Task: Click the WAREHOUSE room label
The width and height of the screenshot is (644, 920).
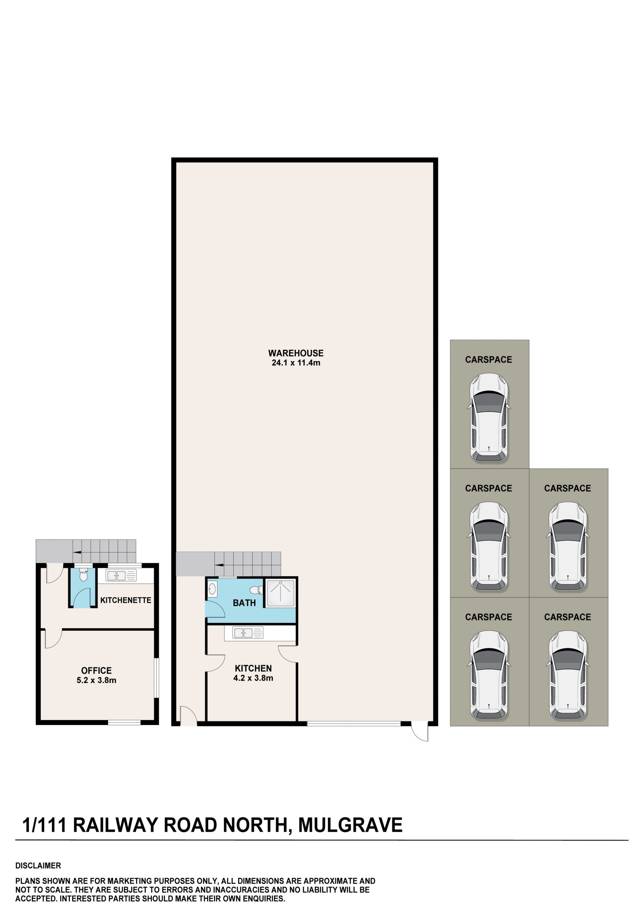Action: pos(296,353)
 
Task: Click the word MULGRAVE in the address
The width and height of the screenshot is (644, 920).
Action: pos(351,825)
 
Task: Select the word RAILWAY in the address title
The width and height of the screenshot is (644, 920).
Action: pos(116,825)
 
